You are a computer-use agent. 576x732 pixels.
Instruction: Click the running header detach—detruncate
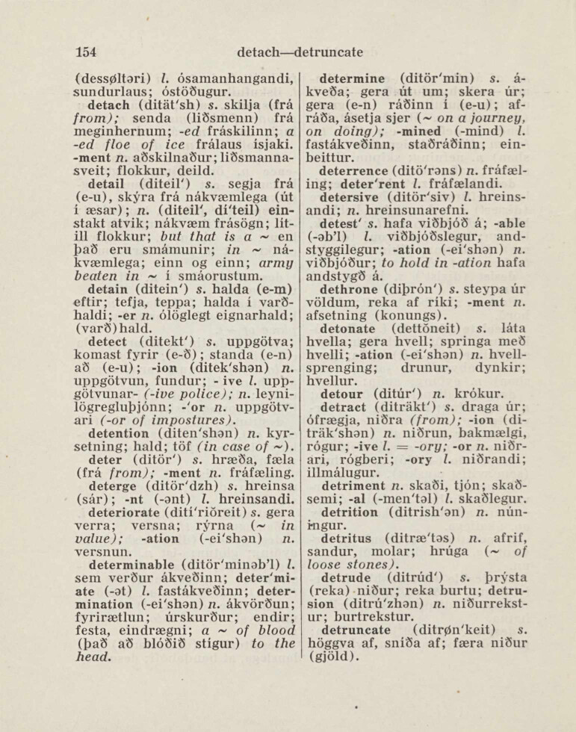tap(299, 52)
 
